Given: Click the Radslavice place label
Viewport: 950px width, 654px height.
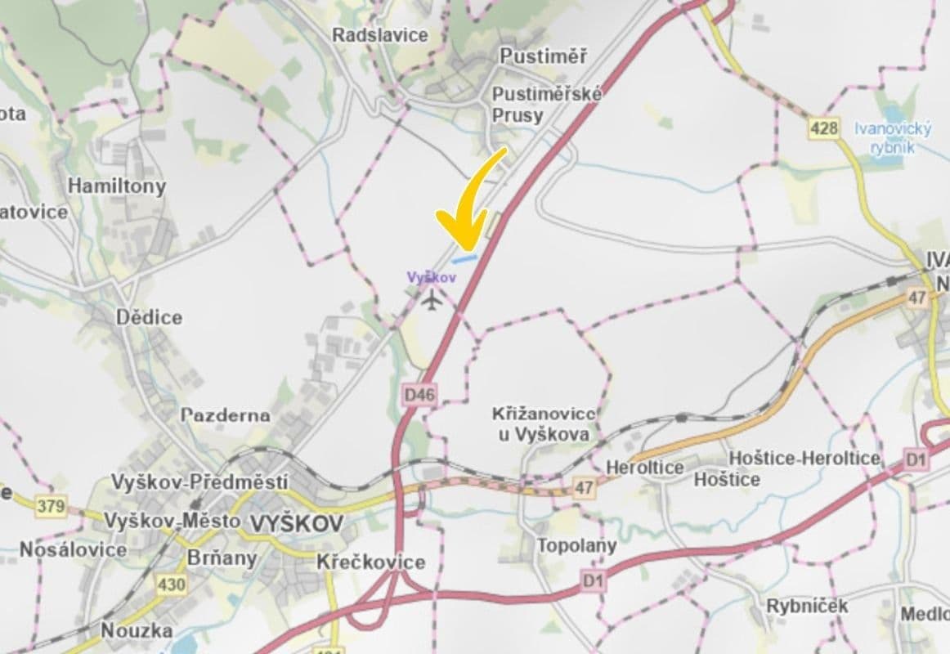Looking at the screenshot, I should (x=379, y=34).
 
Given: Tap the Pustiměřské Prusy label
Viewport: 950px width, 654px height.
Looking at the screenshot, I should (x=547, y=105).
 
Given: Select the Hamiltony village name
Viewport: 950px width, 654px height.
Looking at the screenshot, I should (x=116, y=186).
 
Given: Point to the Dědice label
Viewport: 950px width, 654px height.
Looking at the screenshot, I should (x=149, y=317).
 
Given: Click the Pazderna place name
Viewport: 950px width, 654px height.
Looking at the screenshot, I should (x=226, y=414).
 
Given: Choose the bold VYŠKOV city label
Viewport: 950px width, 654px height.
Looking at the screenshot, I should (x=295, y=524).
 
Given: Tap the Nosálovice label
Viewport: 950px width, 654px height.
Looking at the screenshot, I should (x=73, y=549).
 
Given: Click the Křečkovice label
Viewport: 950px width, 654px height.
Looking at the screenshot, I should (x=371, y=562).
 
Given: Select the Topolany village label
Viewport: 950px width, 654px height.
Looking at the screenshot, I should (x=576, y=544).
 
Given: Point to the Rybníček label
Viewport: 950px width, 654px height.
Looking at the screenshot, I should (x=807, y=606).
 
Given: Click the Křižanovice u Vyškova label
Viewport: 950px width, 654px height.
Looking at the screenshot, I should (x=544, y=424).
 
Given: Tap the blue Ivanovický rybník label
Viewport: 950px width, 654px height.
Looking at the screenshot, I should (x=893, y=137).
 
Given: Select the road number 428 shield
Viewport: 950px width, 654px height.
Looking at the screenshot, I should (x=824, y=128).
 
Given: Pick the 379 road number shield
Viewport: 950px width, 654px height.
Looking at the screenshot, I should (x=51, y=506).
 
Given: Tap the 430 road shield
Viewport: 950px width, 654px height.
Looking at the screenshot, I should (x=171, y=584).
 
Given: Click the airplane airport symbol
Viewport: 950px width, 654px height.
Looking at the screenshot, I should (x=432, y=301).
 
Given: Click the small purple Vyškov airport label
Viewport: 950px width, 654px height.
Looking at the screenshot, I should (x=432, y=277).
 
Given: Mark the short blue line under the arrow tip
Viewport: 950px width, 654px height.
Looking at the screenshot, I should (x=464, y=258).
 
